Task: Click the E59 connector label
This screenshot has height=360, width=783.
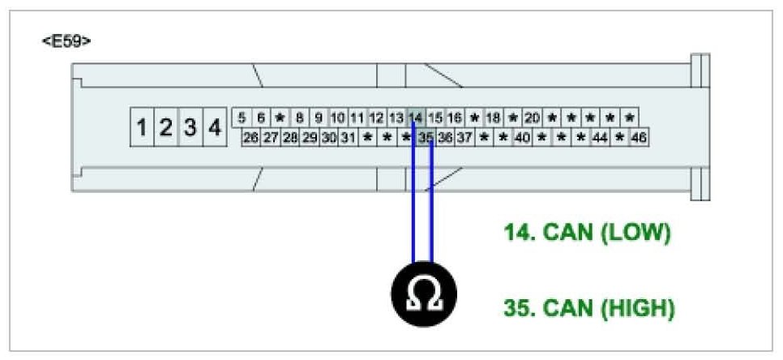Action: pyautogui.click(x=66, y=41)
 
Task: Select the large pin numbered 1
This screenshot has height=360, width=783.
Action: pyautogui.click(x=142, y=128)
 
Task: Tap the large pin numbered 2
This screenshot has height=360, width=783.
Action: pyautogui.click(x=166, y=128)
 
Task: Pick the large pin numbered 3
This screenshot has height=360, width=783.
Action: pyautogui.click(x=190, y=128)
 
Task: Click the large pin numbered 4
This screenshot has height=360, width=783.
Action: pyautogui.click(x=215, y=128)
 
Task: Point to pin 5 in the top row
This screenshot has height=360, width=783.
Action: pyautogui.click(x=242, y=118)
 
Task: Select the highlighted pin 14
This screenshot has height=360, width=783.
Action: pyautogui.click(x=416, y=118)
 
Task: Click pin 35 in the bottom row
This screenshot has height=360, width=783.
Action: pyautogui.click(x=426, y=138)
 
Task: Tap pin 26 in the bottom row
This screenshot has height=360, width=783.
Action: pyautogui.click(x=250, y=138)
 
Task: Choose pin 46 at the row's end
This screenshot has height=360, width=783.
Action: pyautogui.click(x=639, y=138)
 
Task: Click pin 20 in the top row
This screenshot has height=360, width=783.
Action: pyautogui.click(x=533, y=118)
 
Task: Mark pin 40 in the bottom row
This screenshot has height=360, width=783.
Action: pyautogui.click(x=522, y=138)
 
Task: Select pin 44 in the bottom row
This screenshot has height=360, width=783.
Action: pyautogui.click(x=600, y=138)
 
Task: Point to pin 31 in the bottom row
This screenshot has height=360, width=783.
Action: pyautogui.click(x=348, y=138)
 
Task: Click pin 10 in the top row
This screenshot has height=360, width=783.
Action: pyautogui.click(x=338, y=118)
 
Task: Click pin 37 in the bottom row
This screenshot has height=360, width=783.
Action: pyautogui.click(x=464, y=138)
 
